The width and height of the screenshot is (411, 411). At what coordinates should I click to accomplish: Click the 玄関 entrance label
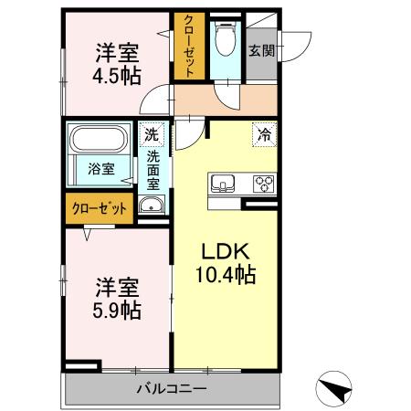[262, 50]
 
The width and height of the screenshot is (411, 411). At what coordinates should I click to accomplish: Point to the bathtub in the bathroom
[101, 142]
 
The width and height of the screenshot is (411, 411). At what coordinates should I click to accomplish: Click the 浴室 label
[100, 169]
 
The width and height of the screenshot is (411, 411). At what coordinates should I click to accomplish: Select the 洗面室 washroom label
[153, 169]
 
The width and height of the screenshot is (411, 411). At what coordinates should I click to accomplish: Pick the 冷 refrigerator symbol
[263, 133]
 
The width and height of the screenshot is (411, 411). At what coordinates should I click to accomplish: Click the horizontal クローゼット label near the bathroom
[100, 208]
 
